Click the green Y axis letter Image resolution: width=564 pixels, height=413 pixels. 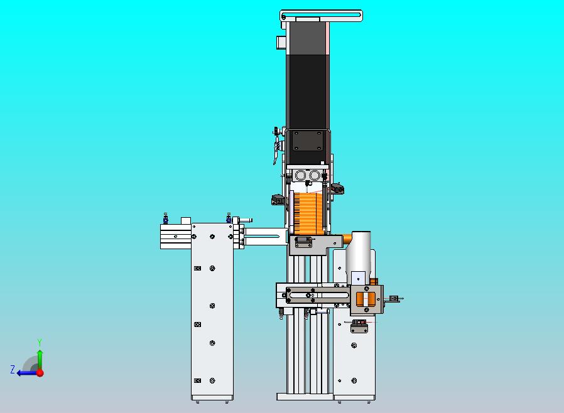tap(40, 342)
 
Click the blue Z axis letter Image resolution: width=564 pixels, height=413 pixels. tap(13, 369)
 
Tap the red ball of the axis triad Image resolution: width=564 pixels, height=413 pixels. tap(40, 373)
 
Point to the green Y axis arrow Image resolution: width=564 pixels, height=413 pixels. tap(40, 360)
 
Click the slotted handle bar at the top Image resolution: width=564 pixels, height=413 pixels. tap(321, 16)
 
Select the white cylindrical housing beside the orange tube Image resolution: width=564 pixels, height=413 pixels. tap(358, 255)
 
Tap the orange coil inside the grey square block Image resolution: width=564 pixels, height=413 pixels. tap(366, 298)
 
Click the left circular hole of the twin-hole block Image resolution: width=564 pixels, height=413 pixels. tap(300, 175)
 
